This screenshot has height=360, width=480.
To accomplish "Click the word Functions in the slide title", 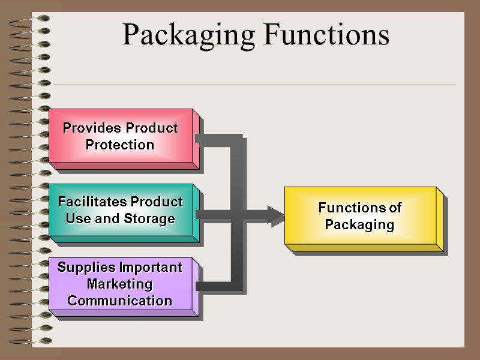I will [325, 34].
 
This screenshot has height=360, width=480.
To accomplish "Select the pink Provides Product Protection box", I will [120, 136].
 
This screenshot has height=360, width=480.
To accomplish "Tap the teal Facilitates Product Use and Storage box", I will [120, 210].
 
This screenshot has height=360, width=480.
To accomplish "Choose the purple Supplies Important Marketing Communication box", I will [120, 284].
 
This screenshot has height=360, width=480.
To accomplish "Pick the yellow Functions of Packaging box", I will [360, 216].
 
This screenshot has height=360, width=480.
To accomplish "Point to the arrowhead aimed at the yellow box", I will [275, 215].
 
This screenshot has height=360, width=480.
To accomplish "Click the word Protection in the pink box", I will [120, 145].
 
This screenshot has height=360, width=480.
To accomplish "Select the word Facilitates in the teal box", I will [92, 202].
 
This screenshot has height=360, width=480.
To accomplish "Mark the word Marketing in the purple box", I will [120, 284].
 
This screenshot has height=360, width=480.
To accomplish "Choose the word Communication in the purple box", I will [120, 301].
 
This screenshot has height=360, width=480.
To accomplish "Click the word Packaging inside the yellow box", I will [359, 225].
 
